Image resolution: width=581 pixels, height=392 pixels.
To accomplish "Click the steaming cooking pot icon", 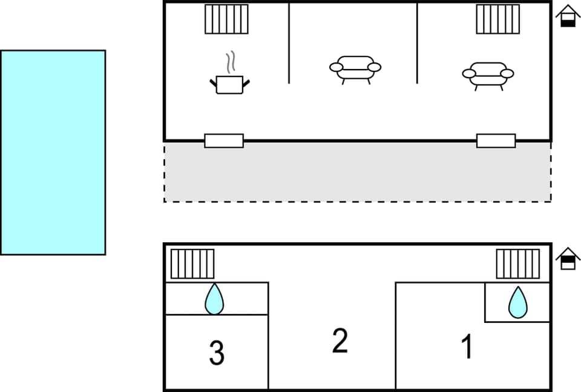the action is coord(230,84).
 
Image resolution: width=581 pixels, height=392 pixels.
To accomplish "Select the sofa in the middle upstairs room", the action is coord(355,68).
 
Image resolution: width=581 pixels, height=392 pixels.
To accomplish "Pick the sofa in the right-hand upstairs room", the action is coord(488,75).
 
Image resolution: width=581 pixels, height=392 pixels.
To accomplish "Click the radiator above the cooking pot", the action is coord(226,19).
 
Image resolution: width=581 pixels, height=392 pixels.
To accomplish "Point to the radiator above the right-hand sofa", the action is coord(497,19).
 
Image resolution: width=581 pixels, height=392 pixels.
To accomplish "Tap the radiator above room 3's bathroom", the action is coord(192,264).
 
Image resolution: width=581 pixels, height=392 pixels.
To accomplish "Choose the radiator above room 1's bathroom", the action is coord(518,264).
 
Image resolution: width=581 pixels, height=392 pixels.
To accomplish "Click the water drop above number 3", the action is coord(214,299).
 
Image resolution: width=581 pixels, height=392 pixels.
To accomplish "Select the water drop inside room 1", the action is coord(517,302).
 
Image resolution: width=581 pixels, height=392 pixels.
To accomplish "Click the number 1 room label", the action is coord(467,347).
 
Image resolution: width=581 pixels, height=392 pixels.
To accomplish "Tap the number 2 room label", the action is coord(340,341).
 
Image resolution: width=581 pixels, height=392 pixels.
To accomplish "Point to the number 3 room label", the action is coord(217,353).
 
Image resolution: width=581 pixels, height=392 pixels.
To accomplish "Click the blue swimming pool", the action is coord(53,152).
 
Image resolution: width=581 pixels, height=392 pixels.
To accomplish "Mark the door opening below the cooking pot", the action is coord(224,141).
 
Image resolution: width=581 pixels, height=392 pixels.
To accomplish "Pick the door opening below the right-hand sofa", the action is coord(496,141).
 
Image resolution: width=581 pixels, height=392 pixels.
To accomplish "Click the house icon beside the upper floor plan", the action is coord(568,16).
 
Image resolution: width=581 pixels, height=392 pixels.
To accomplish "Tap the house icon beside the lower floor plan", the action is coord(568,259).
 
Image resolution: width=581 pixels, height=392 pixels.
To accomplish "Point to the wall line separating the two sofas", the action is coord(417,42).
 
